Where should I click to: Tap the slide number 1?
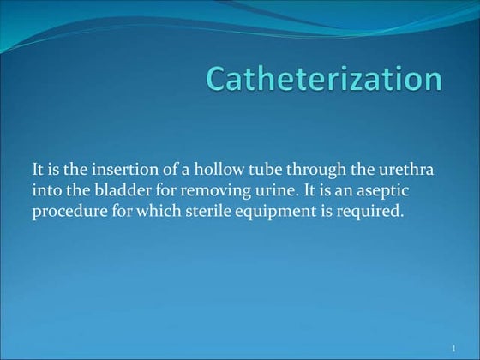(453, 348)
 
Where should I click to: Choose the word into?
(45, 190)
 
